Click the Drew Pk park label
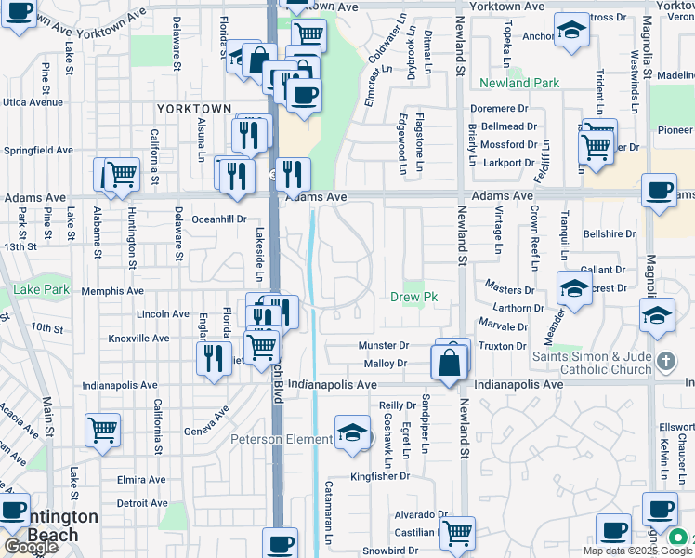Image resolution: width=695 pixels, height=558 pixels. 413,297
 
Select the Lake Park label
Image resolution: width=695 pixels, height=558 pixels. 42,290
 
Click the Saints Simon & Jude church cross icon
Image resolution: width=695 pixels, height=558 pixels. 665,360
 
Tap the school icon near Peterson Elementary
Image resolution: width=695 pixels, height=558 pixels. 352,432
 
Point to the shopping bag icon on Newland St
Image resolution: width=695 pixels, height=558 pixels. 450,363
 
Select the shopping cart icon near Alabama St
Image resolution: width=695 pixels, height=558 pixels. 120,174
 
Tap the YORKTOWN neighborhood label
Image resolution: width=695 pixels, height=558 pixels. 193,109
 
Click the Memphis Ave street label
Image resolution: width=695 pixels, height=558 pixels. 112,291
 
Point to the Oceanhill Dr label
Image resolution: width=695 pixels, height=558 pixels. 218,219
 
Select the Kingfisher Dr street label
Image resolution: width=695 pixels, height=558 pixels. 380,476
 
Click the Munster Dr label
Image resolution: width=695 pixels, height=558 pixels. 384,345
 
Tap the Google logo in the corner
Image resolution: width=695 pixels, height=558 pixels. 30,547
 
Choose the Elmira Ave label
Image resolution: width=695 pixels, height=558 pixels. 142,482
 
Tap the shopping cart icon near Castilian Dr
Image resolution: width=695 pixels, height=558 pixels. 457,534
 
